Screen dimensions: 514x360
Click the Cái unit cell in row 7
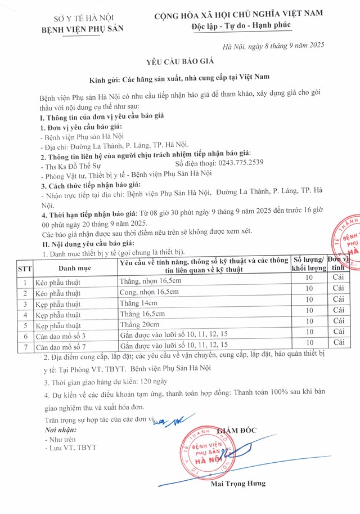[x=338, y=342]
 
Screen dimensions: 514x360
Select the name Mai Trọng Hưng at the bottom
[x=238, y=483]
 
